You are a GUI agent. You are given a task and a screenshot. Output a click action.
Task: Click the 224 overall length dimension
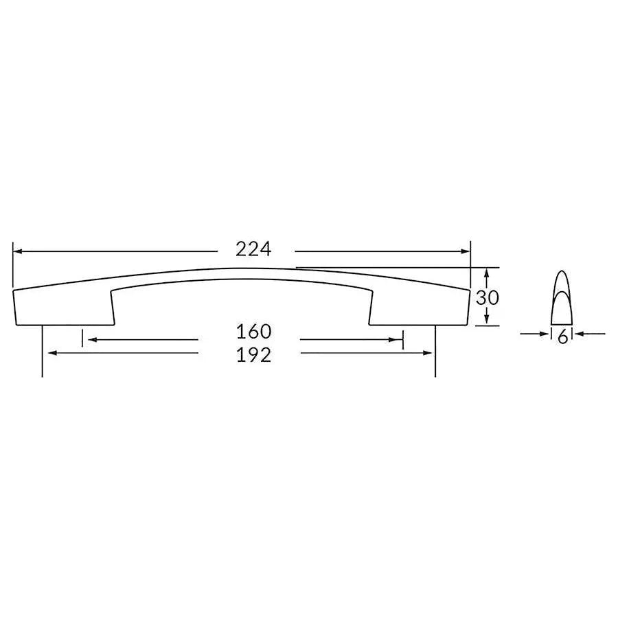tap(254, 249)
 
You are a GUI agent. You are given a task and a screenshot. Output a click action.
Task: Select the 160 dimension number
tap(254, 332)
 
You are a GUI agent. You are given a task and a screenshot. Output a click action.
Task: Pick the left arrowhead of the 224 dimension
tap(18, 251)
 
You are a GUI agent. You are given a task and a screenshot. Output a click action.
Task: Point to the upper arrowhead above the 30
tap(486, 273)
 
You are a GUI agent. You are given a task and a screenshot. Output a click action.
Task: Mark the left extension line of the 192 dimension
tap(43, 357)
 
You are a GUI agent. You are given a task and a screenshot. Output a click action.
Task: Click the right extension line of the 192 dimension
tap(435, 357)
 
